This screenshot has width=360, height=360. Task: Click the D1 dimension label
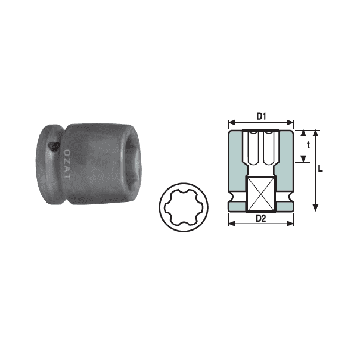tap(261, 116)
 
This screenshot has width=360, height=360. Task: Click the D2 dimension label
tap(261, 218)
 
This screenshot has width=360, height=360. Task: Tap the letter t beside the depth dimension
tap(308, 145)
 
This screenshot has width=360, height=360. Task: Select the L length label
tap(320, 169)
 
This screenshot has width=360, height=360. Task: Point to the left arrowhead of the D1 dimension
tap(232, 123)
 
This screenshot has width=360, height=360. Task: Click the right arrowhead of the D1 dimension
tap(290, 123)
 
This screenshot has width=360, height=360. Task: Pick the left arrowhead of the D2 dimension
tap(232, 224)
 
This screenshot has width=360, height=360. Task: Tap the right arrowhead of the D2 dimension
tap(290, 224)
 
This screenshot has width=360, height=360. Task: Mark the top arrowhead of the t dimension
tap(303, 134)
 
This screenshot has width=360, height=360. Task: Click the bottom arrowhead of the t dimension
tap(303, 159)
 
